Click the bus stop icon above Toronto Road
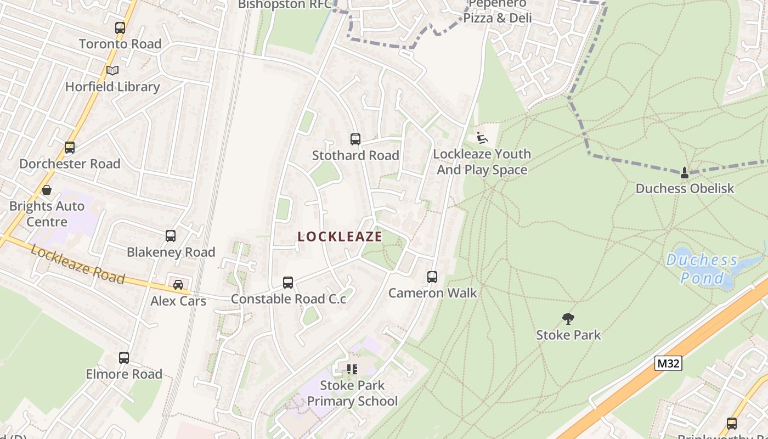[x=120, y=27]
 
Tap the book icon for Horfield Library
[x=112, y=71]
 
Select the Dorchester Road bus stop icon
[x=70, y=148]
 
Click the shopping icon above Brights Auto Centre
[x=47, y=190]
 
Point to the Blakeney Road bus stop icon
[x=171, y=236]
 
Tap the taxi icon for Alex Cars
[x=178, y=285]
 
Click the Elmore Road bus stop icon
[x=124, y=358]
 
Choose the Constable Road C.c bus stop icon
[x=288, y=283]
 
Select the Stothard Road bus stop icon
[x=355, y=139]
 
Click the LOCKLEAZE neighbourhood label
[x=340, y=237]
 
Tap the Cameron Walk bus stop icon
[x=432, y=277]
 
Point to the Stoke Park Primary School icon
[x=352, y=369]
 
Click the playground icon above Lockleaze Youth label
[x=482, y=138]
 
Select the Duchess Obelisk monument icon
[x=684, y=173]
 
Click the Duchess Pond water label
[x=702, y=269]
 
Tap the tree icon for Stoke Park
[x=568, y=318]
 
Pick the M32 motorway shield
[x=668, y=363]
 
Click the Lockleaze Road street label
[x=77, y=264]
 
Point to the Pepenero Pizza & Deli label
[x=498, y=12]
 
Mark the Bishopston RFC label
[x=285, y=4]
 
